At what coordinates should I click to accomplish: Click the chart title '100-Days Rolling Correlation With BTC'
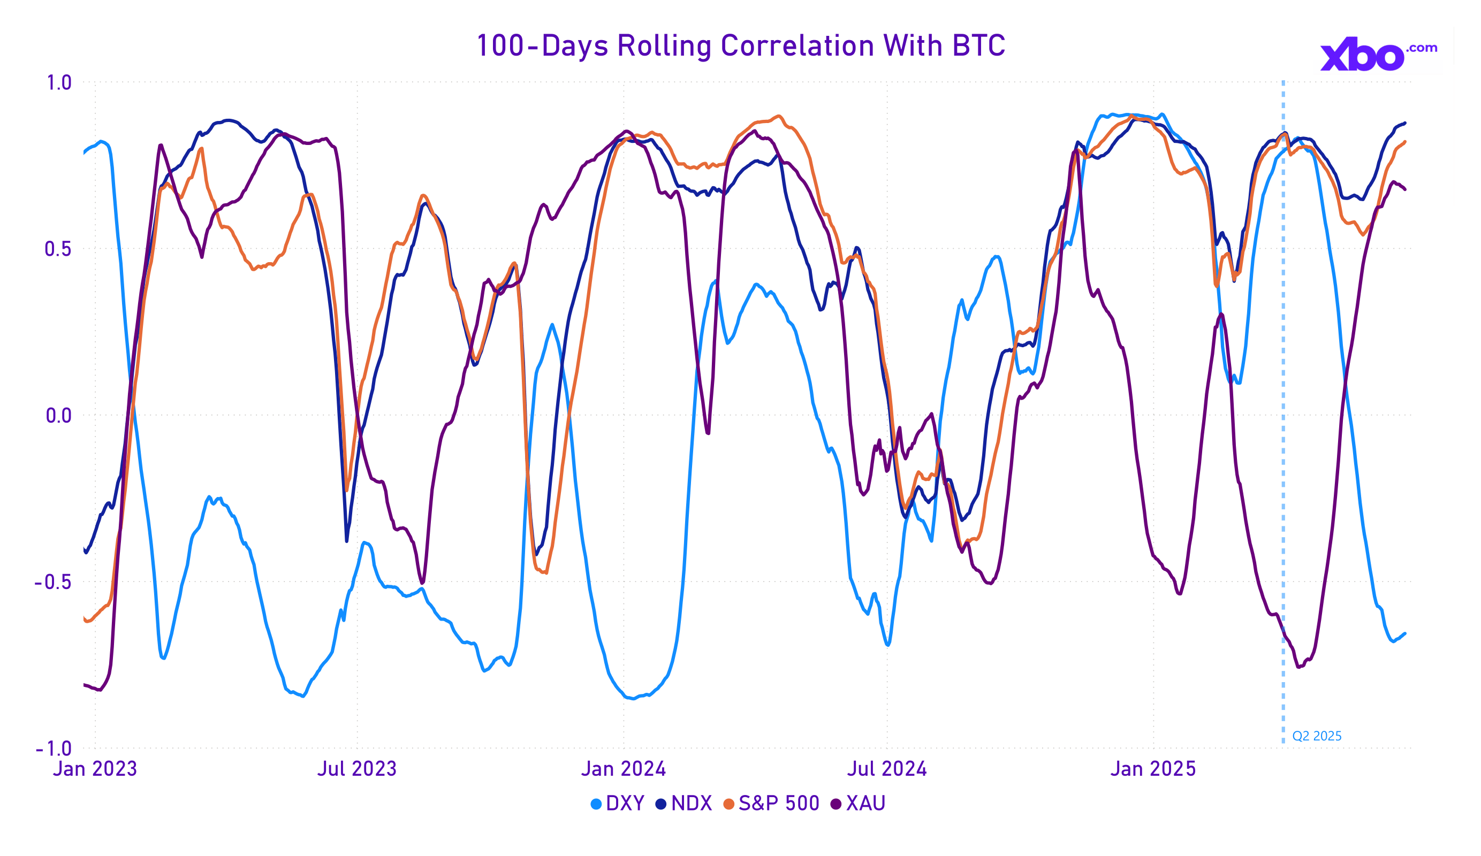(x=741, y=46)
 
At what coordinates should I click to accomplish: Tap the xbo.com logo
(x=1378, y=55)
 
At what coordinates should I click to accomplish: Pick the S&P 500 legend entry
(x=771, y=803)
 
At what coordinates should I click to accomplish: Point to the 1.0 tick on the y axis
(x=59, y=83)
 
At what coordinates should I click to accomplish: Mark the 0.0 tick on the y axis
(x=58, y=416)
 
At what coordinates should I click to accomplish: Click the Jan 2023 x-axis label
(x=95, y=769)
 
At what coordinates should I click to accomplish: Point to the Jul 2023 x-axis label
(x=356, y=769)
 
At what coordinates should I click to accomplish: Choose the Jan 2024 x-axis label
(x=624, y=769)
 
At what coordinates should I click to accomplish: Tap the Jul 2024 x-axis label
(x=887, y=769)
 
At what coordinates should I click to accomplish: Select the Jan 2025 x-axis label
(x=1153, y=769)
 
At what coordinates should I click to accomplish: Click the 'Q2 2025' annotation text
(x=1317, y=736)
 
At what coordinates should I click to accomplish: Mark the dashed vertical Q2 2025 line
(x=1283, y=411)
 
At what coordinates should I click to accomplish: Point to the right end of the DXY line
(x=1404, y=633)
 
